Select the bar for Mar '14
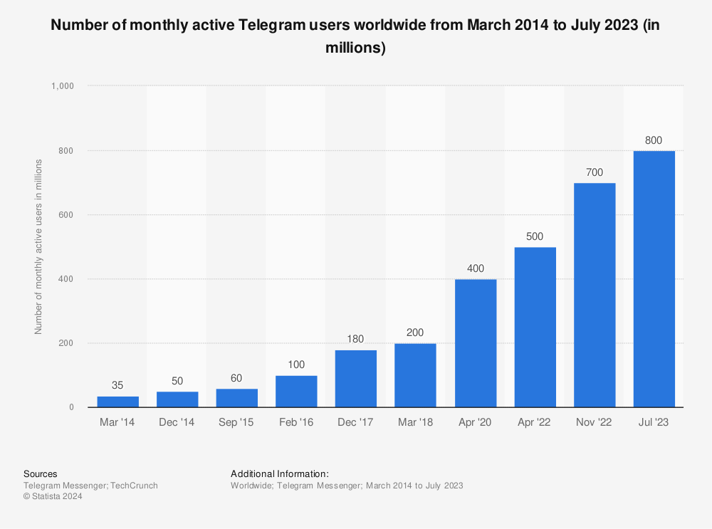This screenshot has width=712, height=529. coord(118,402)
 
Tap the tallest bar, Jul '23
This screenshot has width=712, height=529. coord(654,279)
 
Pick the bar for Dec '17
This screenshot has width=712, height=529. coord(356,379)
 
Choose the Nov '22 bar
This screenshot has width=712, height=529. coord(595,295)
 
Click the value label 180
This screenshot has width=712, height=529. coord(356,339)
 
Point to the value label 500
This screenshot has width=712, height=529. coord(535,236)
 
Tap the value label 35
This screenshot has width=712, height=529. coord(118,385)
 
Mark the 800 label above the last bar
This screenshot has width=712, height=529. coord(654,140)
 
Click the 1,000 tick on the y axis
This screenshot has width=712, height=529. coord(63,86)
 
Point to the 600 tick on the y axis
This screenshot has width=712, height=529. coord(67,215)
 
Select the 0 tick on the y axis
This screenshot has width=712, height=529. coord(71,407)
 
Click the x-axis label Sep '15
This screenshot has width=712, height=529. coord(237,423)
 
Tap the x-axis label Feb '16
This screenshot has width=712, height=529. coord(296,423)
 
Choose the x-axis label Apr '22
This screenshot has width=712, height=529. coord(535,423)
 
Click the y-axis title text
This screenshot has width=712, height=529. coord(38,247)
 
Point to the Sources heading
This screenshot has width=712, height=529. coord(41,473)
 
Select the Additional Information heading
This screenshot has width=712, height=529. coord(280,473)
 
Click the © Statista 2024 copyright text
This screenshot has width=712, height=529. coord(53,497)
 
